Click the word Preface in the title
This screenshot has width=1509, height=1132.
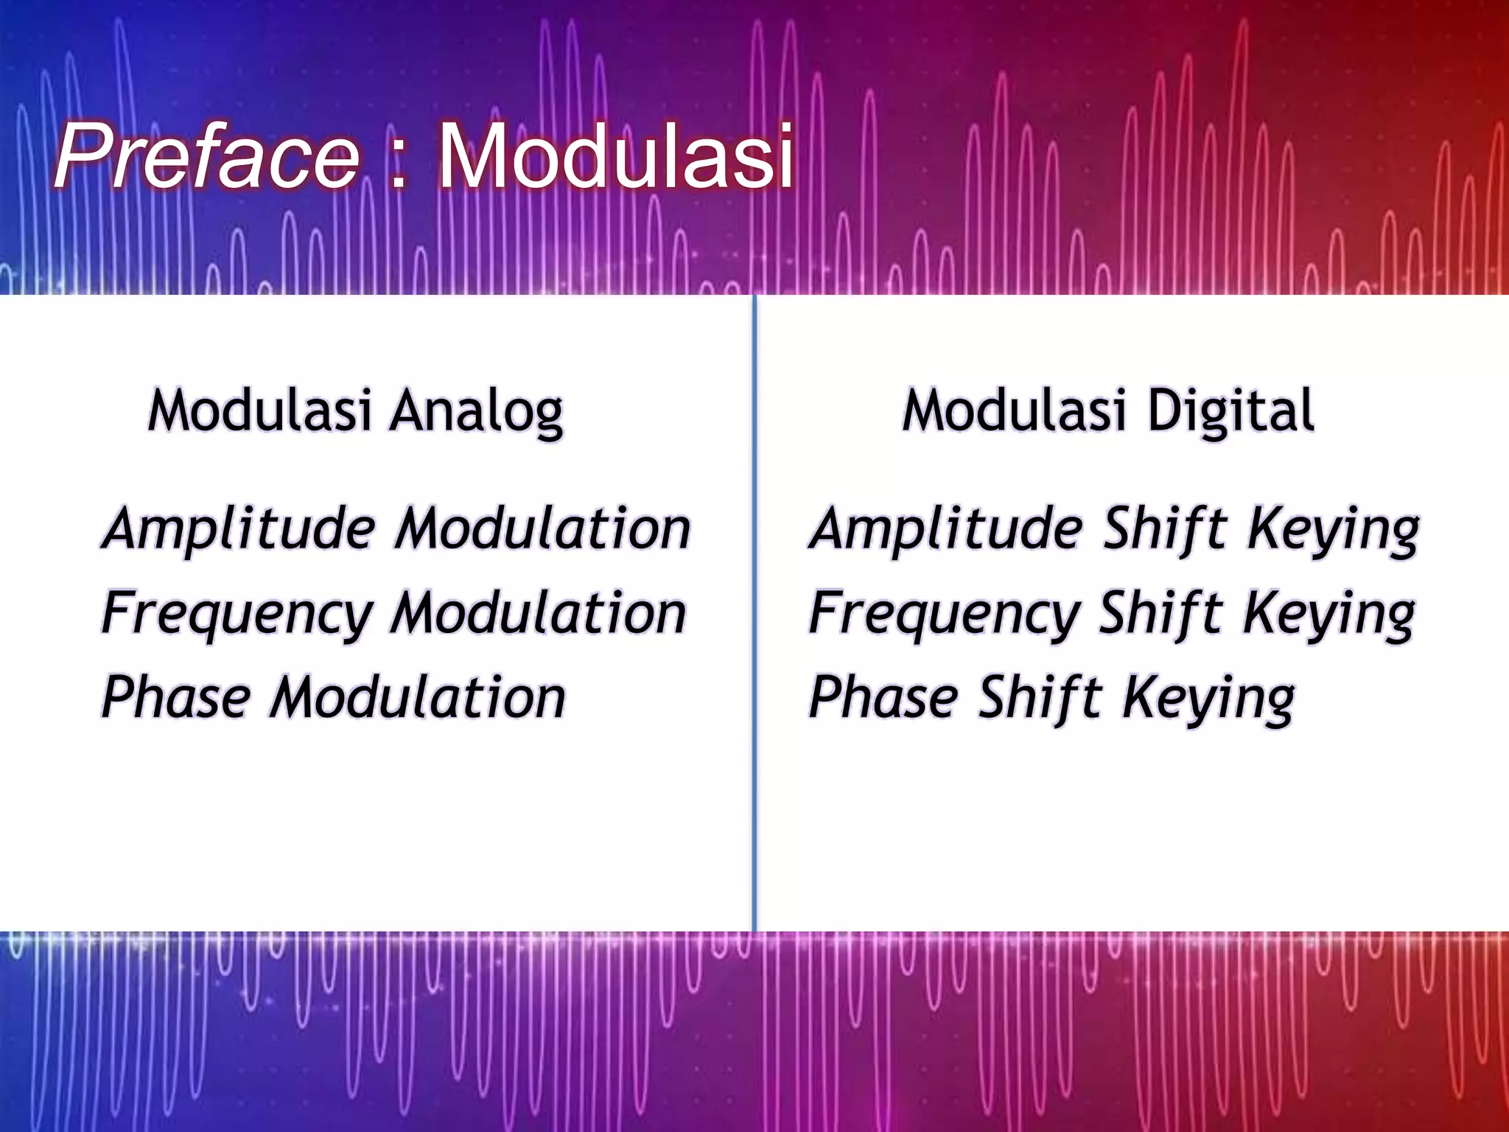206,157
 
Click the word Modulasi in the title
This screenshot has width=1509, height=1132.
616,157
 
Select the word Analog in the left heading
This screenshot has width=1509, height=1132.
477,411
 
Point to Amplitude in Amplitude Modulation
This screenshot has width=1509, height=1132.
239,529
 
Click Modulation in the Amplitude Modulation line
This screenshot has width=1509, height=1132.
543,529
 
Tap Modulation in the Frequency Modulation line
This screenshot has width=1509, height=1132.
539,613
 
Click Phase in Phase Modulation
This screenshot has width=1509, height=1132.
177,697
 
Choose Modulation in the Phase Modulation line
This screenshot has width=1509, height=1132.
419,697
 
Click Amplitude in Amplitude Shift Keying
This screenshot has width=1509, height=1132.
946,529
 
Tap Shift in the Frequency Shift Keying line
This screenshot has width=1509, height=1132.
1161,613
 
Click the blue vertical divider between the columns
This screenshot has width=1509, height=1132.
754,612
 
